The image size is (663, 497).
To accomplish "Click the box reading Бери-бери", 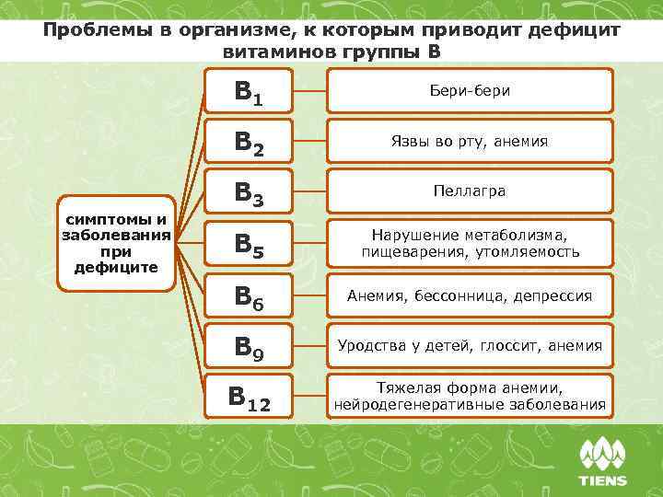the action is [470, 91].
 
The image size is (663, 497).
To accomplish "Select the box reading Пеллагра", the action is [470, 192].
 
